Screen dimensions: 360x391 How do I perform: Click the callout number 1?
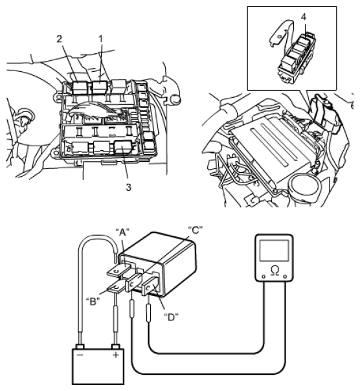pos(100,39)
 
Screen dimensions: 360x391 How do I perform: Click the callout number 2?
pos(59,39)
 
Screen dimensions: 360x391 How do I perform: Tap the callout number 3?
pos(128,187)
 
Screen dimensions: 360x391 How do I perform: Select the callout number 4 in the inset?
pos(304,17)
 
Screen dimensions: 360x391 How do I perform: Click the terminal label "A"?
pos(122,232)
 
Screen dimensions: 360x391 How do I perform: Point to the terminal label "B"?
pos(93,302)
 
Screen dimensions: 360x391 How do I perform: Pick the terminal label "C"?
pos(195,230)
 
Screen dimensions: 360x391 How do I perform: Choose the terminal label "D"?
pos(171,317)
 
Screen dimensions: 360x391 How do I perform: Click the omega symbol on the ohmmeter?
pos(275,271)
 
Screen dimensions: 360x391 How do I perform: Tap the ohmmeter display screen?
pos(274,251)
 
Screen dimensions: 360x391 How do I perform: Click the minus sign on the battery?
pos(80,355)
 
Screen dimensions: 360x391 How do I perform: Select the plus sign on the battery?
pos(116,355)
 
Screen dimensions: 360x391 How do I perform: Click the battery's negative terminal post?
pos(80,346)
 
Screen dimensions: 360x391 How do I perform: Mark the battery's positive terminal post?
pos(116,346)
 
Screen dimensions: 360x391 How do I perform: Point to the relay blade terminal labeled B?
pos(117,287)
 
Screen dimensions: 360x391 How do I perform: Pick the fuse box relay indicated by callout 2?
pos(80,87)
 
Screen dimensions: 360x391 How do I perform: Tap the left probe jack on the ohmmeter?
pos(264,276)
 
